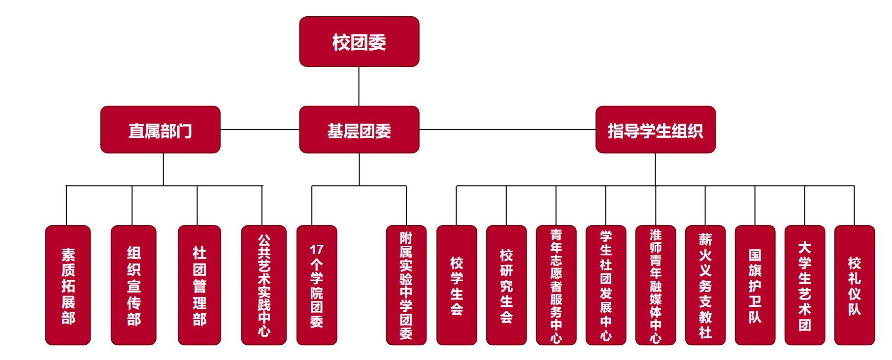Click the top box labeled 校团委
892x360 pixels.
point(359,42)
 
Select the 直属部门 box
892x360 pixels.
point(160,130)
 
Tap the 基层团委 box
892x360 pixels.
point(359,130)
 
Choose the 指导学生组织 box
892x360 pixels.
point(655,130)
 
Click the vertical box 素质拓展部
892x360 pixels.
point(68,285)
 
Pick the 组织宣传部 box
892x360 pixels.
point(133,285)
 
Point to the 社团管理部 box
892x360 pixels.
point(199,285)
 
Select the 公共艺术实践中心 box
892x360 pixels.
point(264,285)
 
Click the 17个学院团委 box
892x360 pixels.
point(317,285)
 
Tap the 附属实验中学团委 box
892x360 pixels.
point(406,285)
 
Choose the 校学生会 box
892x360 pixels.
point(457,285)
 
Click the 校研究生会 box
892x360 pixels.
point(506,285)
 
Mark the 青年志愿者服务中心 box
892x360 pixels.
point(556,285)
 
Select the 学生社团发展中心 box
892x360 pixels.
point(606,285)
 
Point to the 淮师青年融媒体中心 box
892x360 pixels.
point(656,285)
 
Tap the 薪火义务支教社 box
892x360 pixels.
point(705,285)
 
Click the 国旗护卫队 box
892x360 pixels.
point(755,285)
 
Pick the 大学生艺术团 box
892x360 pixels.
point(805,285)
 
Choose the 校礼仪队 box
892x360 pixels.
point(855,285)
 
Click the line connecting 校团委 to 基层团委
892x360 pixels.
point(359,87)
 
